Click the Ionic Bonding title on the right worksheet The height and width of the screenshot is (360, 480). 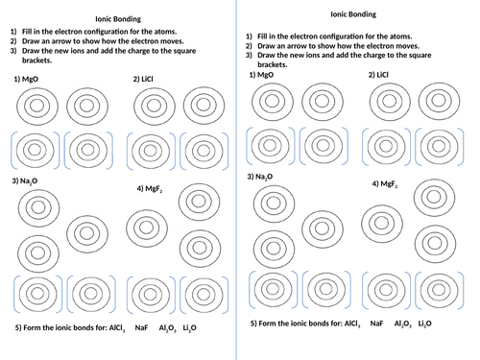(x=352, y=14)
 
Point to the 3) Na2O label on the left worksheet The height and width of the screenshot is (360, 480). (x=25, y=180)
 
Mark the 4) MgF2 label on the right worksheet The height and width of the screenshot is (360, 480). (x=388, y=183)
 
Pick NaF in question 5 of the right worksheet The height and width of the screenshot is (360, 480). (x=376, y=324)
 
